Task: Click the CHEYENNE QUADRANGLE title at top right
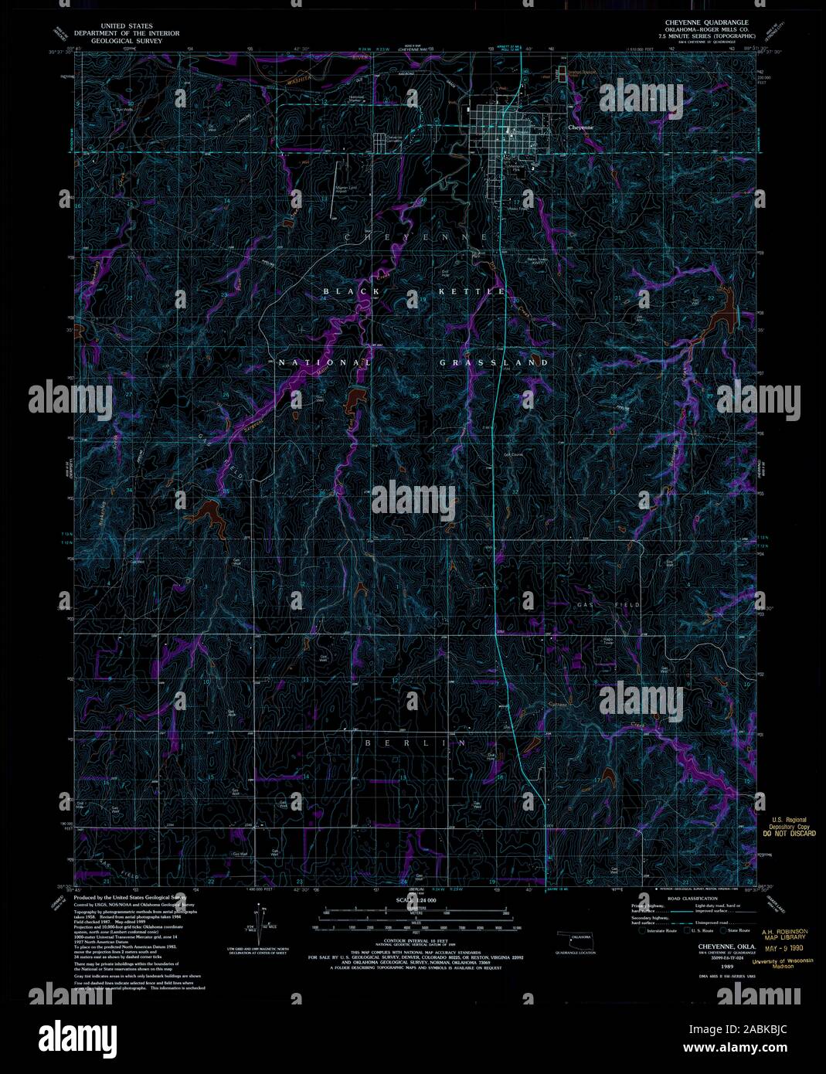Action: click(701, 22)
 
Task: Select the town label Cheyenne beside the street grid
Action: click(581, 128)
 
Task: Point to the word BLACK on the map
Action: click(352, 291)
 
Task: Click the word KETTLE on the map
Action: click(471, 291)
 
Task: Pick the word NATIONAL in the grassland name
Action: click(325, 362)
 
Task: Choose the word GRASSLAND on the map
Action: click(495, 362)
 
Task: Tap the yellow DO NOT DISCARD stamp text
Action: click(789, 834)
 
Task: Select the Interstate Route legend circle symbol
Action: click(641, 930)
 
